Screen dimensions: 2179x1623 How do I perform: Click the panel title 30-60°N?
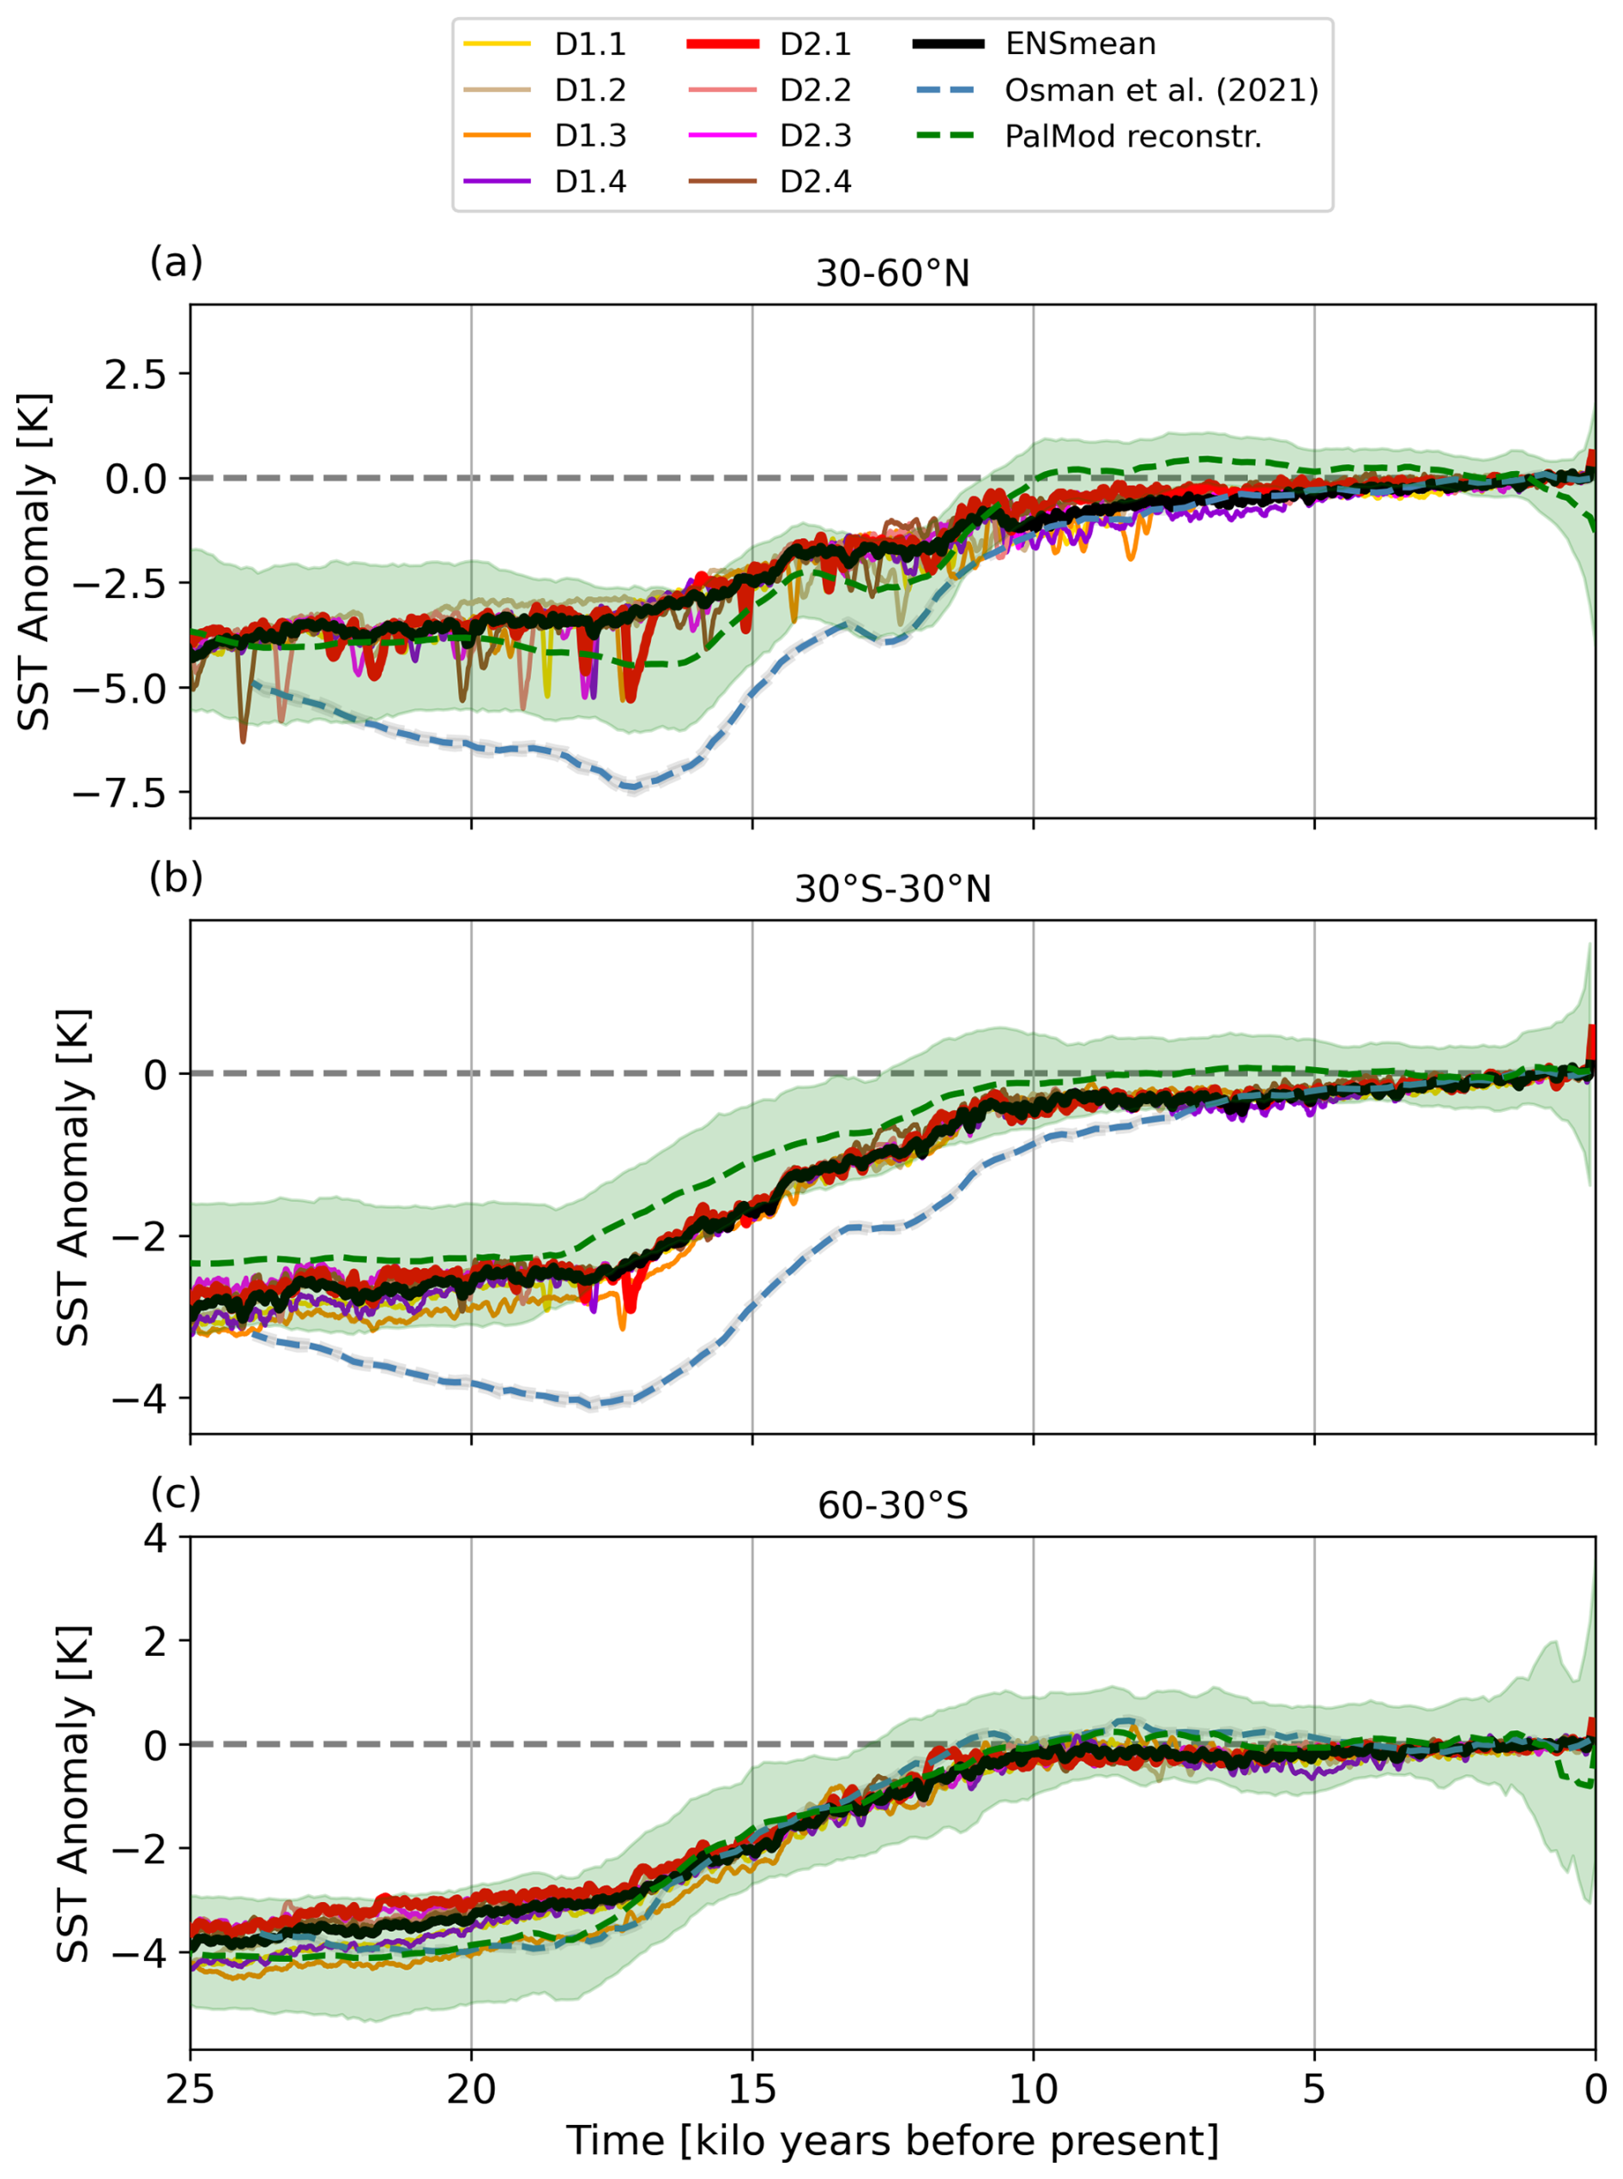tap(892, 273)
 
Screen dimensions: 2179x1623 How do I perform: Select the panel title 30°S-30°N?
tap(892, 889)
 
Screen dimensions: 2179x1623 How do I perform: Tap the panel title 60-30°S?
tap(892, 1505)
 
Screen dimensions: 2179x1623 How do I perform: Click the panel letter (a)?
tap(176, 263)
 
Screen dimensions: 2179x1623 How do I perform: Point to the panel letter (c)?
tap(176, 1494)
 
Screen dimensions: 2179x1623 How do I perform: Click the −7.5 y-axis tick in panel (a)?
tap(121, 793)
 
